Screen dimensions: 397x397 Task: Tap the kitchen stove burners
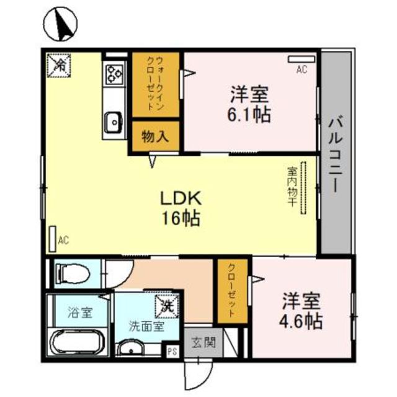tap(115, 74)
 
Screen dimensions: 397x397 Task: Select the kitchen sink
tap(113, 122)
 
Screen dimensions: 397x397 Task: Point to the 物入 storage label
tap(155, 136)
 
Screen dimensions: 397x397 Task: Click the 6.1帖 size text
tap(251, 115)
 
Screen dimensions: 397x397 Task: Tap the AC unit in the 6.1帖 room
tap(301, 60)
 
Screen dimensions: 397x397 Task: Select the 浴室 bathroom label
tap(80, 312)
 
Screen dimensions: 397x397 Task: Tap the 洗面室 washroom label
tap(146, 326)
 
